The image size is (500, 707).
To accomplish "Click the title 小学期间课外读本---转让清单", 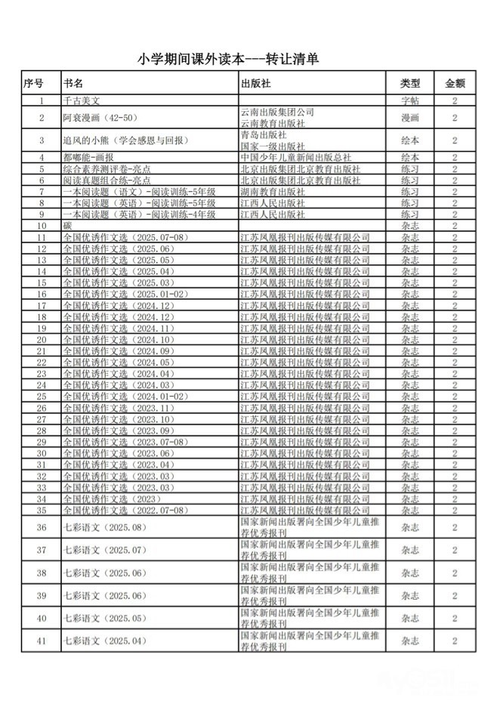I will [250, 58].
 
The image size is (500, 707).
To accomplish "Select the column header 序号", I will [33, 82].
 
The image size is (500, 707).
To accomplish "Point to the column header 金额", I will [455, 82].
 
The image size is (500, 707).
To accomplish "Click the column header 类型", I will [410, 82].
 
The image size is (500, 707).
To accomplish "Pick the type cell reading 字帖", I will [410, 100].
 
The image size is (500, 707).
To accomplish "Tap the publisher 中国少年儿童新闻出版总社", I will [298, 158].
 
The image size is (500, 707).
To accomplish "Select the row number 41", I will [42, 641].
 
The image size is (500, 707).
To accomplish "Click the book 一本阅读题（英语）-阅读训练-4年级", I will [140, 215].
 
